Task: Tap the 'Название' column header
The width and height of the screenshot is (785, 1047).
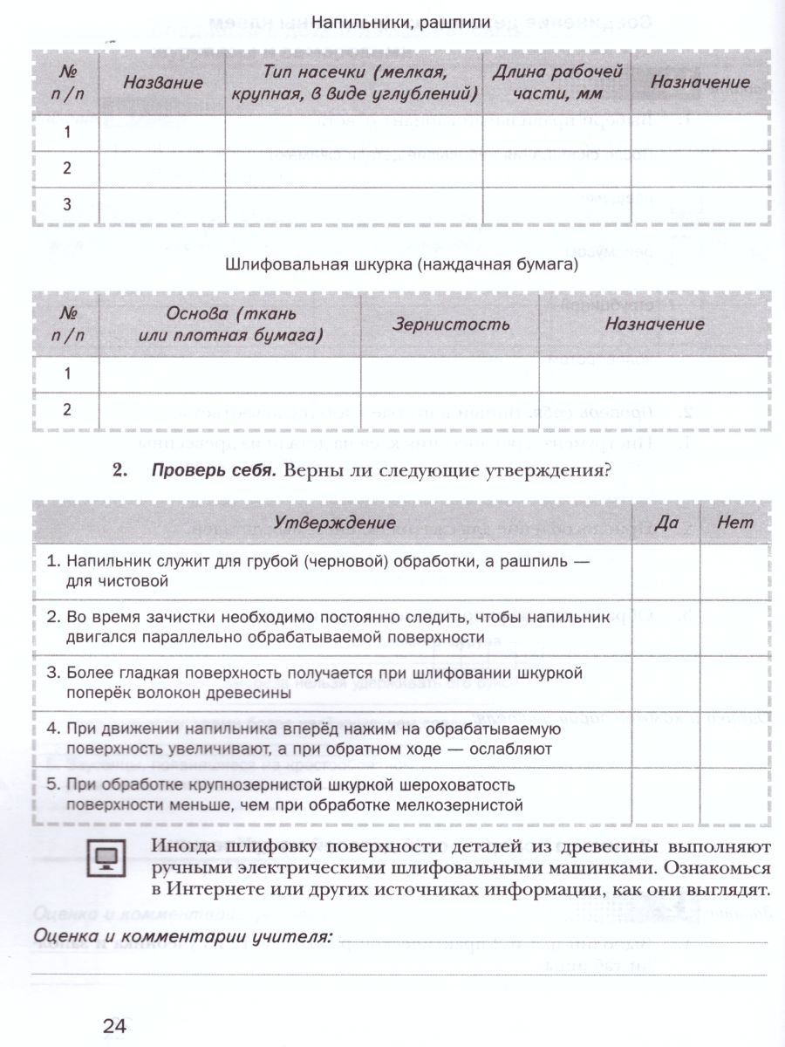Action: coord(162,83)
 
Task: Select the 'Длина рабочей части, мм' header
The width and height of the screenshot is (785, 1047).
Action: coord(556,83)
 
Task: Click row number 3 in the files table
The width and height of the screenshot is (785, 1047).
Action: coord(66,205)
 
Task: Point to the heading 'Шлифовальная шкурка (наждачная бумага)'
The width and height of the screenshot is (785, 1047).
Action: coord(401,264)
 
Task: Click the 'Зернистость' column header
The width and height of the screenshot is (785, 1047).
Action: coord(450,325)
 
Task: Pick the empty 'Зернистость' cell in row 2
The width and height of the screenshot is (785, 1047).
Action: coord(450,410)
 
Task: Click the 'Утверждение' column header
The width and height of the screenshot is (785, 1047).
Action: coord(336,523)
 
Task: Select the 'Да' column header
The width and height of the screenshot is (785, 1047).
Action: coord(666,523)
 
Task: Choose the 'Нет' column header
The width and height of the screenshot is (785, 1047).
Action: coord(735,523)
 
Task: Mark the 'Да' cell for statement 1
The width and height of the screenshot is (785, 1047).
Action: coord(666,571)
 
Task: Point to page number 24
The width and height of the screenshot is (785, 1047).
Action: coord(114,1026)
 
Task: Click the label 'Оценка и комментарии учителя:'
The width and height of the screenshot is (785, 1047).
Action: coord(182,937)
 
